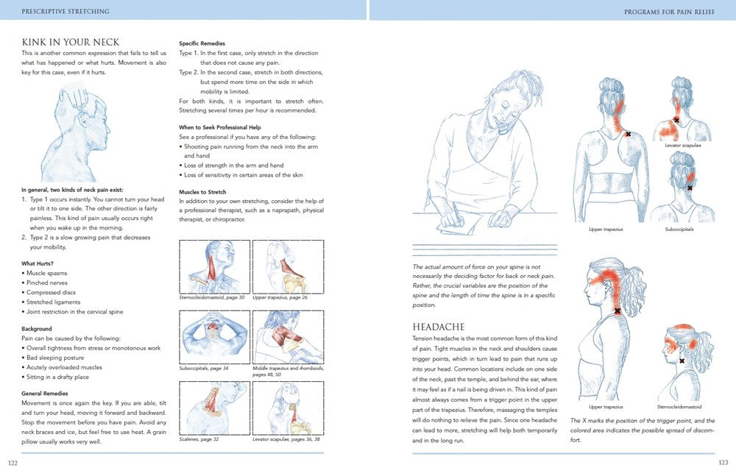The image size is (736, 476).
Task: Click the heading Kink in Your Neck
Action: [x=71, y=42]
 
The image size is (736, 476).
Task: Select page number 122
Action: [x=13, y=463]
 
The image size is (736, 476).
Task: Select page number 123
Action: [x=723, y=463]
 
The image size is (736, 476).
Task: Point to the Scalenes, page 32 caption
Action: [x=199, y=438]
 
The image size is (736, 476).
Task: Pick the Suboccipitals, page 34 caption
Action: [x=204, y=368]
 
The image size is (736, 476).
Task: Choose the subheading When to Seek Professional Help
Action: [x=221, y=127]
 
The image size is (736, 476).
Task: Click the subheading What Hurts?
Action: [x=37, y=263]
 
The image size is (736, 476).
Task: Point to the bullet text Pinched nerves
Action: [x=49, y=283]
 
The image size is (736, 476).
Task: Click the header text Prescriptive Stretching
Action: [x=66, y=11]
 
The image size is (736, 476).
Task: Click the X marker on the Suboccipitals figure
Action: [x=690, y=188]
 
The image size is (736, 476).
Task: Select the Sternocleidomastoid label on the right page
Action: [x=679, y=406]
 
